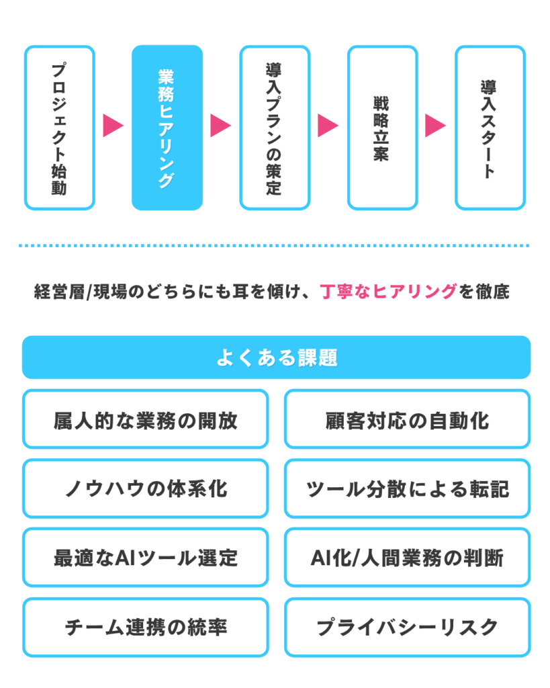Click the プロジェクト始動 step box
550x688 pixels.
coord(59,128)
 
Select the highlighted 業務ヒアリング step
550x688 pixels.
coord(167,128)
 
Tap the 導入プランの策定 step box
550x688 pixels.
coord(275,128)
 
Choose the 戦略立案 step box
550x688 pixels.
coord(382,128)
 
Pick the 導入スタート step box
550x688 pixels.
coord(490,128)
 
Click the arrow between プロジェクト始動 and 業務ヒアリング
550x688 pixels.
coord(113,126)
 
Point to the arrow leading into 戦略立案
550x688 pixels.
coord(328,126)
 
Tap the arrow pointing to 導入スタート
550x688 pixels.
coord(435,126)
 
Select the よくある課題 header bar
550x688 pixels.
coord(275,357)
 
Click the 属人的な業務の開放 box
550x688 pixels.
coord(145,419)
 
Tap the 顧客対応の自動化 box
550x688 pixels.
coord(407,419)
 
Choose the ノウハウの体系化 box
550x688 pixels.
coord(145,488)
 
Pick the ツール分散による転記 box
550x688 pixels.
coord(407,488)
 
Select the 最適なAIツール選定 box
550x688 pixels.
coord(145,558)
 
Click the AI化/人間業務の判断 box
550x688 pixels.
coord(407,558)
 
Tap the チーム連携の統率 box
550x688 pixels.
coord(145,627)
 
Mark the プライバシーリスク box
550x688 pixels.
coord(407,627)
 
